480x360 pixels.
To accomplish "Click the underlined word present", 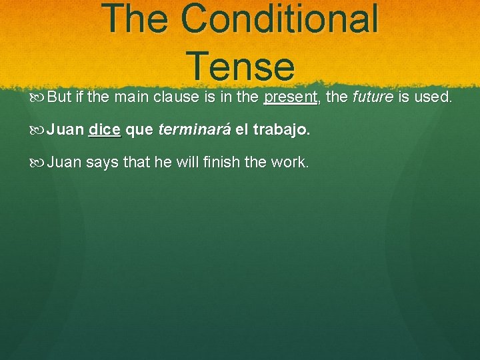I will [x=291, y=97].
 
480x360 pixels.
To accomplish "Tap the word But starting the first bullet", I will [x=60, y=97].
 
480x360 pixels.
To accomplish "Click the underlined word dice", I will [x=105, y=129].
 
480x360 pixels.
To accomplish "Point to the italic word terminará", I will [x=195, y=129].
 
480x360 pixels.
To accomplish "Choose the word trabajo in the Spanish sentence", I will [x=281, y=130].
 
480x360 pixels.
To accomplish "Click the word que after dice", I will [x=139, y=130].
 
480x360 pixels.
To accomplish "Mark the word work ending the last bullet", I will [x=291, y=162].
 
